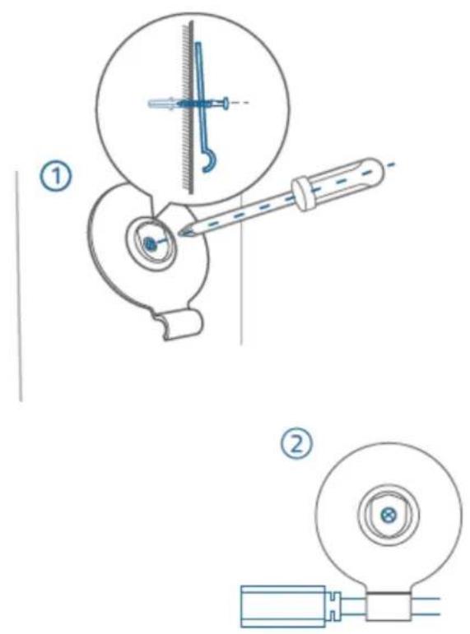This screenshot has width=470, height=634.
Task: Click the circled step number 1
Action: click(57, 176)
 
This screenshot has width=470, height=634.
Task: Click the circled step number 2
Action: click(297, 445)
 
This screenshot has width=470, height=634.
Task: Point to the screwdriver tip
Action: click(181, 233)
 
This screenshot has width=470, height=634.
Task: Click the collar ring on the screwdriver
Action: click(302, 193)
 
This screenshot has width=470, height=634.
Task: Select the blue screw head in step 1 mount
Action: click(150, 243)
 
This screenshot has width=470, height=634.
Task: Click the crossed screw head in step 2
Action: click(389, 515)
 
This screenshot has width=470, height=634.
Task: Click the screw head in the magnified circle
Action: click(225, 103)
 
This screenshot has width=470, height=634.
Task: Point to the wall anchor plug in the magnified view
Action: click(162, 104)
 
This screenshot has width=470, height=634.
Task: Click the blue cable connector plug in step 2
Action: click(283, 606)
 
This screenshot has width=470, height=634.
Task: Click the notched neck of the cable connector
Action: click(333, 606)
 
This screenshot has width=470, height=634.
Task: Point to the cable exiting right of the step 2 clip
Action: click(426, 606)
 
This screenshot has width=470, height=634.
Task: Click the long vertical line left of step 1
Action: click(18, 286)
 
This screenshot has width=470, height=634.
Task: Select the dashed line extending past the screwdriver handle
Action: click(388, 165)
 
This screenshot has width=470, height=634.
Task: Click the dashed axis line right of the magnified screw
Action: click(240, 103)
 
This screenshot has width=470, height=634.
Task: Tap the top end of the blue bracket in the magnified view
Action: click(198, 44)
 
